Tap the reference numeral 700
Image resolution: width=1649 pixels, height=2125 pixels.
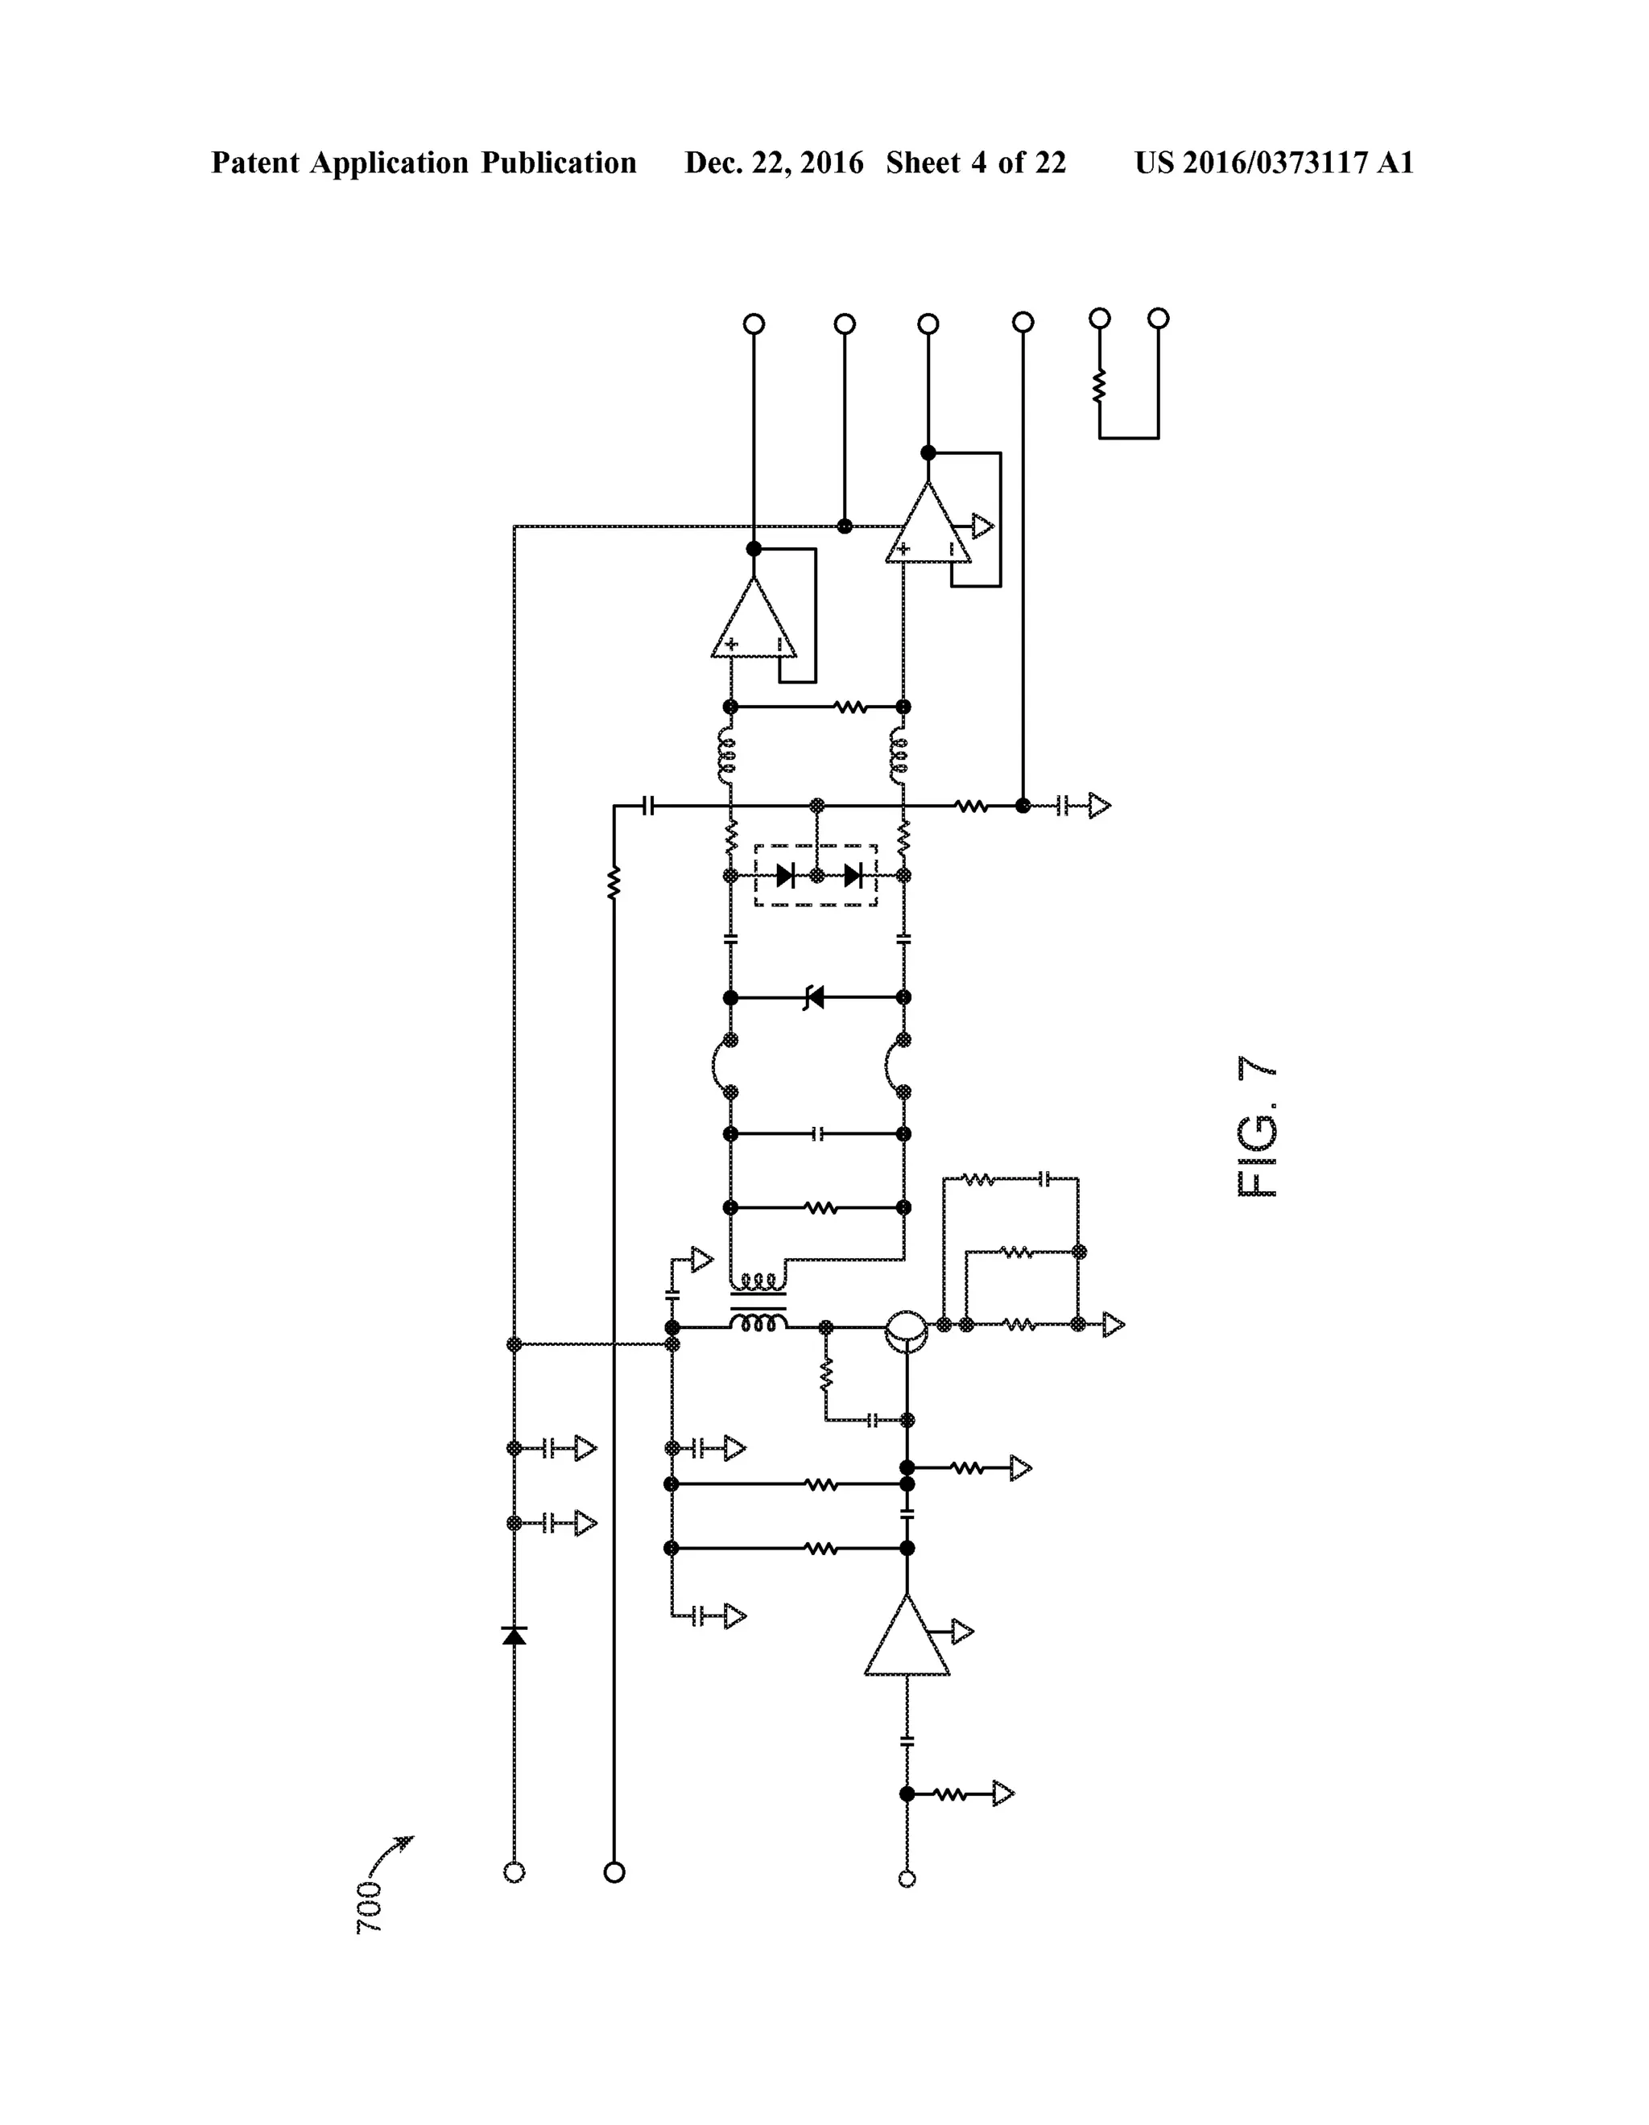tap(369, 1906)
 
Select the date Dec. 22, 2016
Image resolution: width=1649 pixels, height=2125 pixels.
tap(774, 163)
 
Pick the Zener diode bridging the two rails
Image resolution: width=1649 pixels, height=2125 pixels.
tap(814, 997)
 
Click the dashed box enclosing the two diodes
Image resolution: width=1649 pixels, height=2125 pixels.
tap(816, 876)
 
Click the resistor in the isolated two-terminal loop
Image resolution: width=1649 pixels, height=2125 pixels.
tap(1099, 387)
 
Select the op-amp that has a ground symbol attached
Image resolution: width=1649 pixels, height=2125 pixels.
tap(928, 526)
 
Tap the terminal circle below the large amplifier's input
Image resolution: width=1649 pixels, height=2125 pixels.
tap(907, 1879)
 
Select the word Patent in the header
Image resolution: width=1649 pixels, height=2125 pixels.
tap(255, 163)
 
